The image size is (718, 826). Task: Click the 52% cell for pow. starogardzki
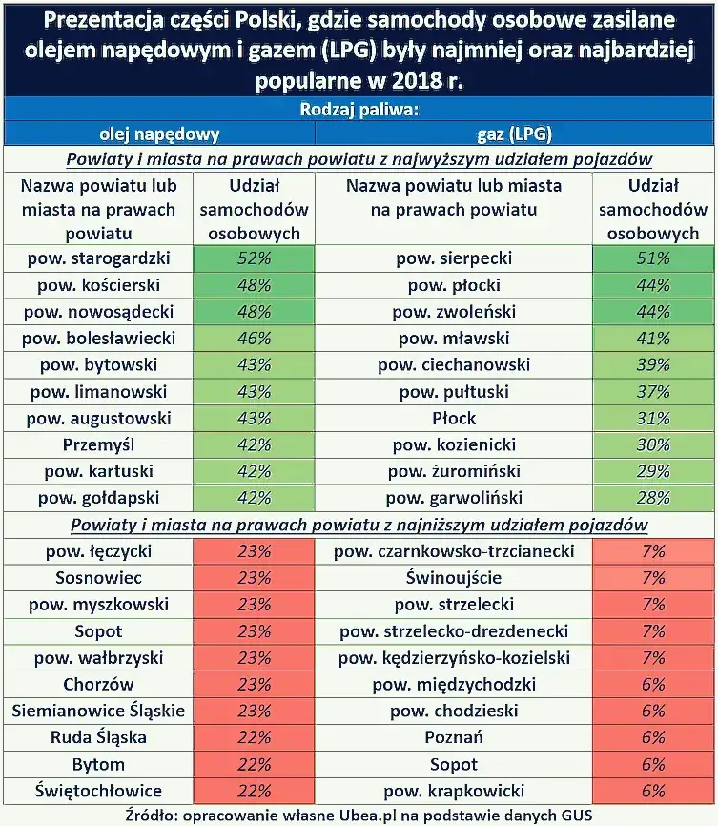point(254,258)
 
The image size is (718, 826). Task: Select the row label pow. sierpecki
point(453,258)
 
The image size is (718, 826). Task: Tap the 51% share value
point(653,258)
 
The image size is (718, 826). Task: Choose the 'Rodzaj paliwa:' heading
point(359,110)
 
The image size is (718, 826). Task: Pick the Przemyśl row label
point(99,444)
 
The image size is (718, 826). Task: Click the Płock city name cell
point(453,418)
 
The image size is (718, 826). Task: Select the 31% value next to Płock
point(653,418)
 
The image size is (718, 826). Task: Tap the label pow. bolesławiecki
point(99,338)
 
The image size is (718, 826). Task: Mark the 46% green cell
point(254,338)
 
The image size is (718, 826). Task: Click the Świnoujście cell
point(453,578)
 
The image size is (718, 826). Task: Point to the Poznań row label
point(453,737)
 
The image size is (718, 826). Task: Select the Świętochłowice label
point(99,791)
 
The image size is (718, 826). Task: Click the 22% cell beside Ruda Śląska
point(254,737)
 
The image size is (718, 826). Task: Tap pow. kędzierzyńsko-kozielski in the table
point(453,657)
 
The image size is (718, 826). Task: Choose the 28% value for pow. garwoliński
point(653,498)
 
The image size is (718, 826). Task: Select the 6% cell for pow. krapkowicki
point(653,791)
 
